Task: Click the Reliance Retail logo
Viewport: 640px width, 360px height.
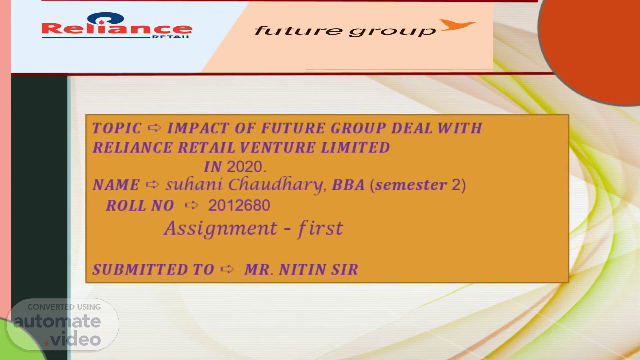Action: pos(117,26)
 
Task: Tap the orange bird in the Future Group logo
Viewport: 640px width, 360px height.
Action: pos(457,25)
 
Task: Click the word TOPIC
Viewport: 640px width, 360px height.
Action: pos(117,128)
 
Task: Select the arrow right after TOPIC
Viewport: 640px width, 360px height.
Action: pos(154,127)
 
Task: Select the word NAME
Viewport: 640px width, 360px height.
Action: pos(116,185)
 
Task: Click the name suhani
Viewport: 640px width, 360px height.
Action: pos(194,184)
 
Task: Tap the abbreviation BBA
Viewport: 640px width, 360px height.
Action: pos(348,185)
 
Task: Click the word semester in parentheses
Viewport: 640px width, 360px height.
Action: pos(411,185)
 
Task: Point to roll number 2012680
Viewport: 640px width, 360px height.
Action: pos(239,205)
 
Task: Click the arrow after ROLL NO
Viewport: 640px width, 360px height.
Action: pos(192,205)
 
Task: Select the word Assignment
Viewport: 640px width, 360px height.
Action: pos(220,229)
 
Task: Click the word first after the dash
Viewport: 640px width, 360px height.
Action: pos(320,229)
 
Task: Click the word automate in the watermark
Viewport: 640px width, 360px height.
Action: pos(57,322)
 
